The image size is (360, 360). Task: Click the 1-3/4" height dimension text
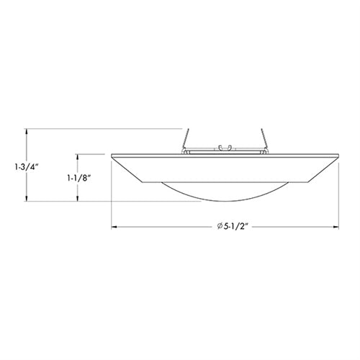pos(26,167)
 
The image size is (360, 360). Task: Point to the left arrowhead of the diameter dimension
pos(114,227)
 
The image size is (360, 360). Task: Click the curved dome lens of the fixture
pos(225,191)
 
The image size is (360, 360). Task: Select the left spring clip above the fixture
pos(186,141)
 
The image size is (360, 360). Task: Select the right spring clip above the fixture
pos(264,141)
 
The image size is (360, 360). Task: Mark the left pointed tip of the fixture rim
pos(112,156)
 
